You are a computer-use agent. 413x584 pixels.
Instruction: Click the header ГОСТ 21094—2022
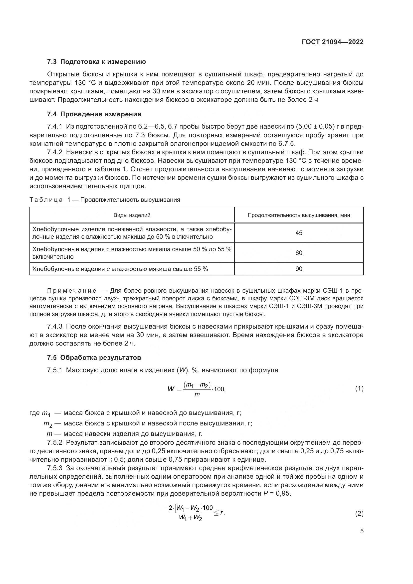(x=332, y=42)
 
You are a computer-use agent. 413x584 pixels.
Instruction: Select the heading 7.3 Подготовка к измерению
(x=96, y=62)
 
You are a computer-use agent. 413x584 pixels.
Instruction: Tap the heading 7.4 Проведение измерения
(x=94, y=114)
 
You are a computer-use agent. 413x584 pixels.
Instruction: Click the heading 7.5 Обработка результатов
(x=94, y=358)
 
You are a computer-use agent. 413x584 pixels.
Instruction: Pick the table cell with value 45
(x=299, y=233)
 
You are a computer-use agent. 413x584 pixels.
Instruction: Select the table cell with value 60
(x=299, y=253)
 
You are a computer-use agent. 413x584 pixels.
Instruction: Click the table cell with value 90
(x=299, y=269)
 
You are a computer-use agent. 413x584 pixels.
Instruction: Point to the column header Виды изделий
(x=132, y=215)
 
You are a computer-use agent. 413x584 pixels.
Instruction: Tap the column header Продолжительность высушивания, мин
(x=299, y=215)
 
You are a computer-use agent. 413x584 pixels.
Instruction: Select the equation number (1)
(x=359, y=389)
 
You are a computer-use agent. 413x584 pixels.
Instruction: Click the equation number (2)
(x=359, y=514)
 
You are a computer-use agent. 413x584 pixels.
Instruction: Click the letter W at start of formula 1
(x=171, y=389)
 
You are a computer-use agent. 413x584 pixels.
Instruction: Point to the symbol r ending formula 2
(x=222, y=513)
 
